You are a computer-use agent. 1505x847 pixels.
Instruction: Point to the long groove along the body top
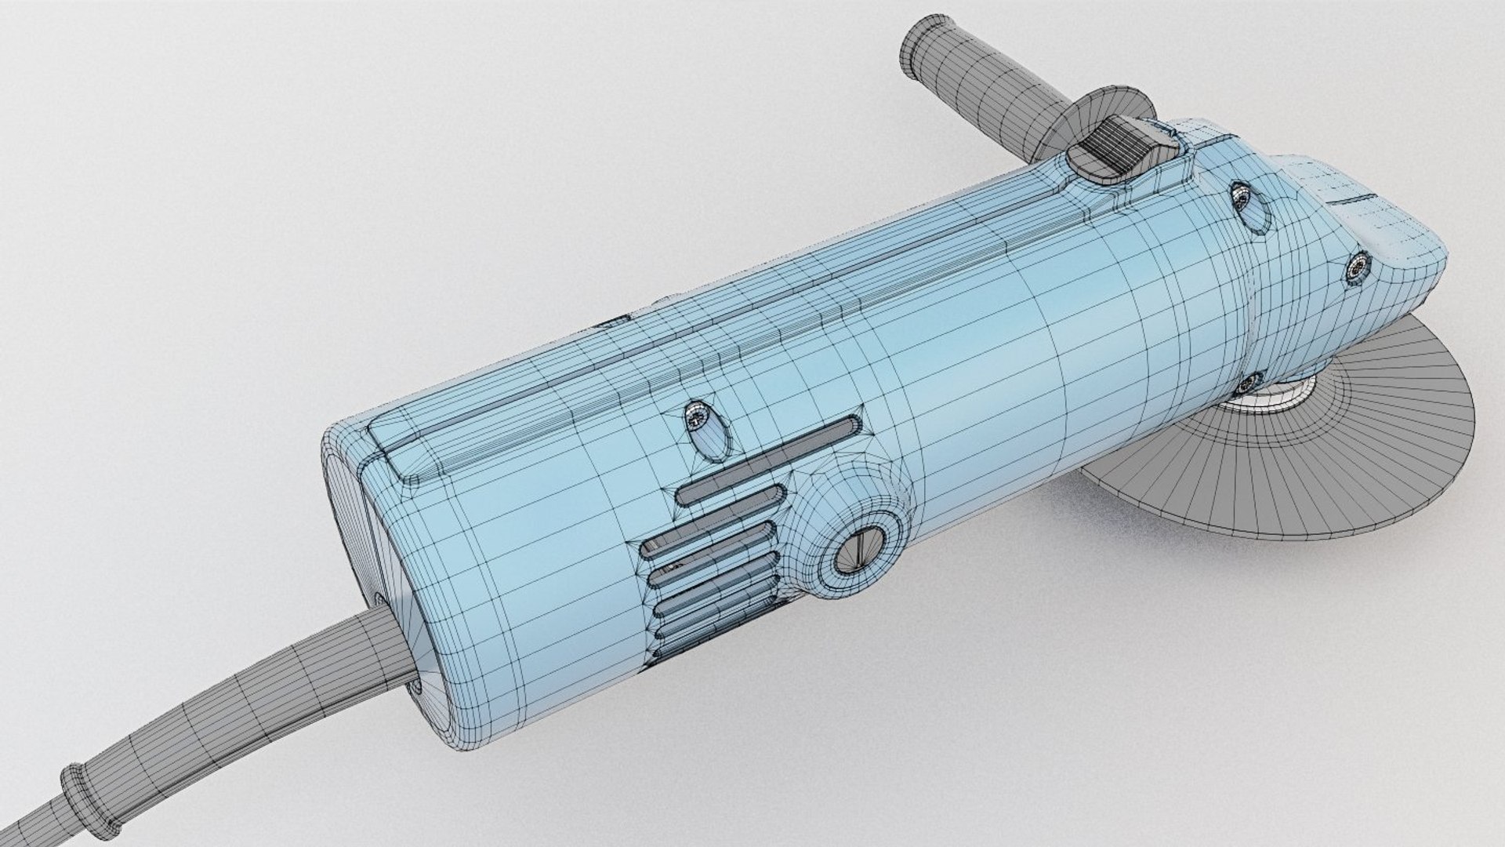(x=784, y=329)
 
